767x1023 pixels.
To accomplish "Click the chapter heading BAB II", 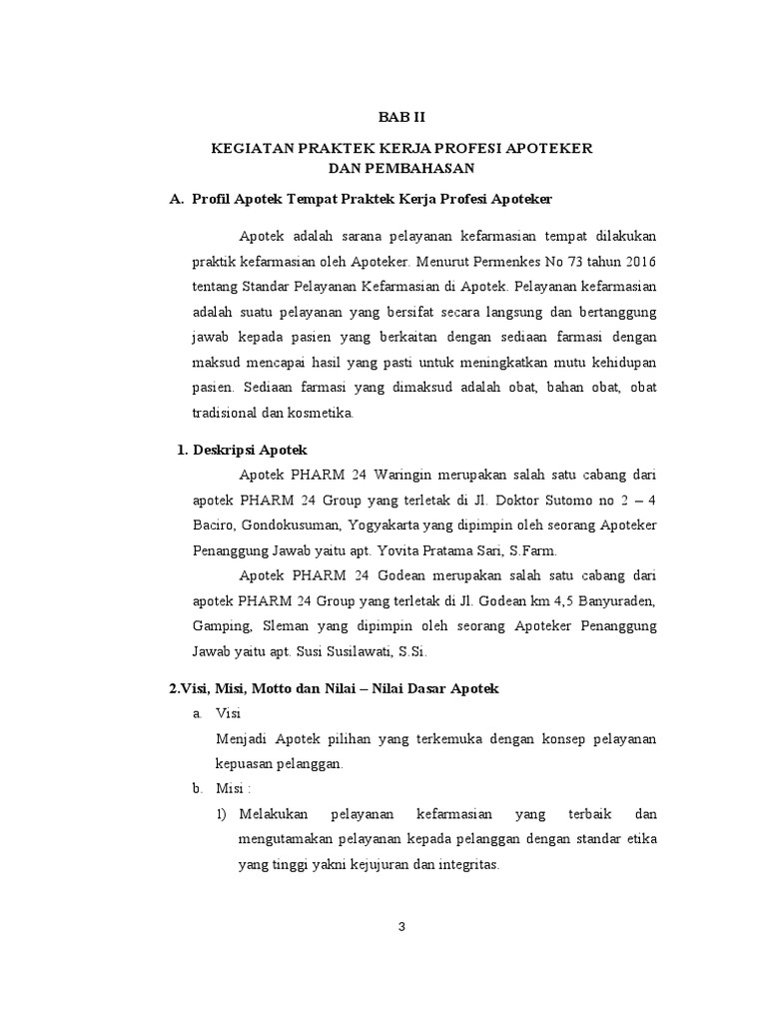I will [x=400, y=117].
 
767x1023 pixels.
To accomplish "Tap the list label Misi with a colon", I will [x=236, y=789].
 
